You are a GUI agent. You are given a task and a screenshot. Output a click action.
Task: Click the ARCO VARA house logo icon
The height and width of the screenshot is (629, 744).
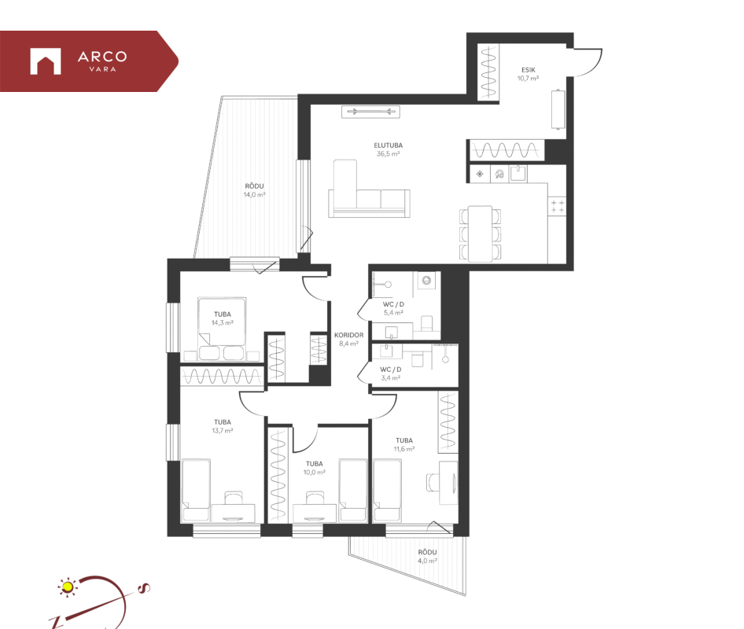pyautogui.click(x=46, y=61)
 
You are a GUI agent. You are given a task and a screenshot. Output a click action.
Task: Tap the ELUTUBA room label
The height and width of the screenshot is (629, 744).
pyautogui.click(x=389, y=145)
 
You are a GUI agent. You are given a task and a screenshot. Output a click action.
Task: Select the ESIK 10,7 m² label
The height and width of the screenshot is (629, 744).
pyautogui.click(x=528, y=74)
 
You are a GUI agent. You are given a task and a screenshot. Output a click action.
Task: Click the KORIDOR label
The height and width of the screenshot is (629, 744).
pyautogui.click(x=348, y=335)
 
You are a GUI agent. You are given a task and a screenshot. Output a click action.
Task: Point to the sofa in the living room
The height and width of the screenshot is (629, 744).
pyautogui.click(x=369, y=189)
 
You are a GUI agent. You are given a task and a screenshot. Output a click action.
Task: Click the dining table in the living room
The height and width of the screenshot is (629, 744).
pyautogui.click(x=480, y=234)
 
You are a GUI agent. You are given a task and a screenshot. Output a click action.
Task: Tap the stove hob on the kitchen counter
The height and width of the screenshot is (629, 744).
pyautogui.click(x=558, y=206)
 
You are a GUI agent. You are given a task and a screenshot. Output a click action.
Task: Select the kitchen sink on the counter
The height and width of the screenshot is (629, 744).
pyautogui.click(x=518, y=173)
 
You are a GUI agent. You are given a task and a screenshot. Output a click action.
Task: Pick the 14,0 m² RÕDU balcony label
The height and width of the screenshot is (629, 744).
pyautogui.click(x=254, y=190)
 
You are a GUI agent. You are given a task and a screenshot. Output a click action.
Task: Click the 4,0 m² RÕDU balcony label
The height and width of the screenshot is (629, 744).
pyautogui.click(x=427, y=557)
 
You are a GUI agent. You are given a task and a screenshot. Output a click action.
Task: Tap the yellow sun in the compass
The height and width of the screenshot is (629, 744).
pyautogui.click(x=68, y=587)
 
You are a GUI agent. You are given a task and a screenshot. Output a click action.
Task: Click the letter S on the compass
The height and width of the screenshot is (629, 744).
pyautogui.click(x=143, y=588)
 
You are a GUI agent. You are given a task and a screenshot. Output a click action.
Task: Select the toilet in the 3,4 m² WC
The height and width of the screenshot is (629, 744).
pyautogui.click(x=418, y=359)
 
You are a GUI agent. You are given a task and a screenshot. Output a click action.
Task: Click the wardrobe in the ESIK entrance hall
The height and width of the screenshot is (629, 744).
pyautogui.click(x=488, y=72)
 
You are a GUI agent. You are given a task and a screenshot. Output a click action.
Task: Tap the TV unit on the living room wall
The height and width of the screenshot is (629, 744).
pyautogui.click(x=370, y=112)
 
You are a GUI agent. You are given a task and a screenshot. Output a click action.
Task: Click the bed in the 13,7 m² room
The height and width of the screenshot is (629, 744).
pyautogui.click(x=196, y=491)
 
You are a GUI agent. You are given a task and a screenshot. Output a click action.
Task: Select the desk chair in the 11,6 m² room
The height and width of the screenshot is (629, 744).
pyautogui.click(x=433, y=483)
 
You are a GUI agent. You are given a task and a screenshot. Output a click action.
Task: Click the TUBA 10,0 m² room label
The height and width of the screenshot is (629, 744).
pyautogui.click(x=314, y=468)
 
